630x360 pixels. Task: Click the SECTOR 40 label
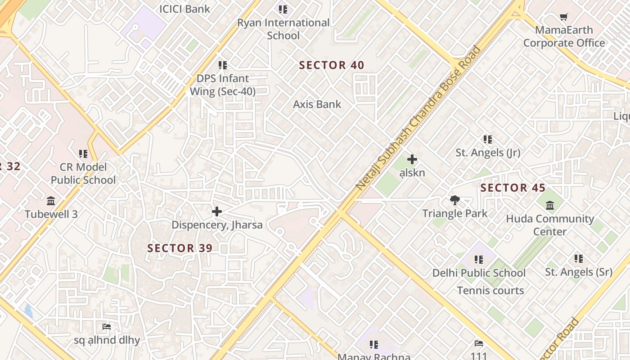[332, 65]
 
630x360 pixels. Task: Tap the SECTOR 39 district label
[180, 248]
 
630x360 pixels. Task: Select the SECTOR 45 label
[513, 188]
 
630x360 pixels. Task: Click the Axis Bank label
[317, 104]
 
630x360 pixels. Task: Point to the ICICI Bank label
[184, 9]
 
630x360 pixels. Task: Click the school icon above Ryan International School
[283, 9]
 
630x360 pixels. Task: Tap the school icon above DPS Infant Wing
[223, 66]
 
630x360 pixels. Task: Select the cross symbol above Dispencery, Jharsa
[217, 211]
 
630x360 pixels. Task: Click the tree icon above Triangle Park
[454, 200]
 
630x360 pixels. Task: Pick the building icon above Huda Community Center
[550, 206]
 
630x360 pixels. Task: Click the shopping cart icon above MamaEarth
[564, 17]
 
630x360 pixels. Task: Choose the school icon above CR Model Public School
[83, 154]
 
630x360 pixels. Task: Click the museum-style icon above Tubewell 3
[51, 201]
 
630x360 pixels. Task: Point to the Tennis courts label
[490, 291]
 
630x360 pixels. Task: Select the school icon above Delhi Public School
[479, 260]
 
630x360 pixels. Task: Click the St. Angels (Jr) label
[488, 153]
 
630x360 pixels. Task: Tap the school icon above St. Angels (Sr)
[579, 259]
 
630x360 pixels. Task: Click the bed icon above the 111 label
[479, 343]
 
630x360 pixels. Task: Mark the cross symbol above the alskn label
[412, 159]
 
